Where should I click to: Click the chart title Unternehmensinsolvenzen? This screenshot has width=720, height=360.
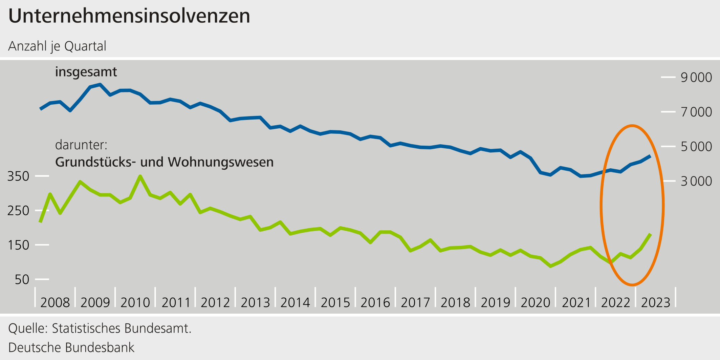coord(129,16)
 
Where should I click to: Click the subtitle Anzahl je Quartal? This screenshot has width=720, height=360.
coord(57,46)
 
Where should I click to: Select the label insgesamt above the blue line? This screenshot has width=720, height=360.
coord(86,72)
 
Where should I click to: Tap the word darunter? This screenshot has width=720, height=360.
coord(81,145)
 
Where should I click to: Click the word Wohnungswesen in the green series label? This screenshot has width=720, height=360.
coord(221,162)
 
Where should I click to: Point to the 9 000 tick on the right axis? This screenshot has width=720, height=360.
coord(696,78)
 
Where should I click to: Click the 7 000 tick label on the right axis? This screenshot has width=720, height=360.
coord(696,112)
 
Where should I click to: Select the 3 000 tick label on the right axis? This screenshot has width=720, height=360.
coord(696,181)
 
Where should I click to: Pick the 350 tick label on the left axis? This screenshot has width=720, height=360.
coord(18,176)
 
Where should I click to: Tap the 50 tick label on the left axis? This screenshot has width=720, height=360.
coord(22,280)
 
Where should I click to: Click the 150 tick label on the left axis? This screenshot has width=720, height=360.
coord(18,245)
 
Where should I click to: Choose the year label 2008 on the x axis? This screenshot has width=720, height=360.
coord(55,302)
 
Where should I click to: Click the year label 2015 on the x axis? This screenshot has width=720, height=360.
coord(335,302)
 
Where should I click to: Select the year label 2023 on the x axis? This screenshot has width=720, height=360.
coord(656,302)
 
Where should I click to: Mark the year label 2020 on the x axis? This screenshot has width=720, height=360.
coord(536,302)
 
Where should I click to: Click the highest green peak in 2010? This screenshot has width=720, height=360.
coord(140,176)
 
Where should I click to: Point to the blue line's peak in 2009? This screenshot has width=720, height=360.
coord(100,84)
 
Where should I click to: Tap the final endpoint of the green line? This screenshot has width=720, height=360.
coord(650,234)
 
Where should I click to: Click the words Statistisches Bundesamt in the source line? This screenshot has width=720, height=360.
coord(121,329)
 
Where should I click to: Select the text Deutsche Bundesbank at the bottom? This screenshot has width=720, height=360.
coord(71,348)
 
